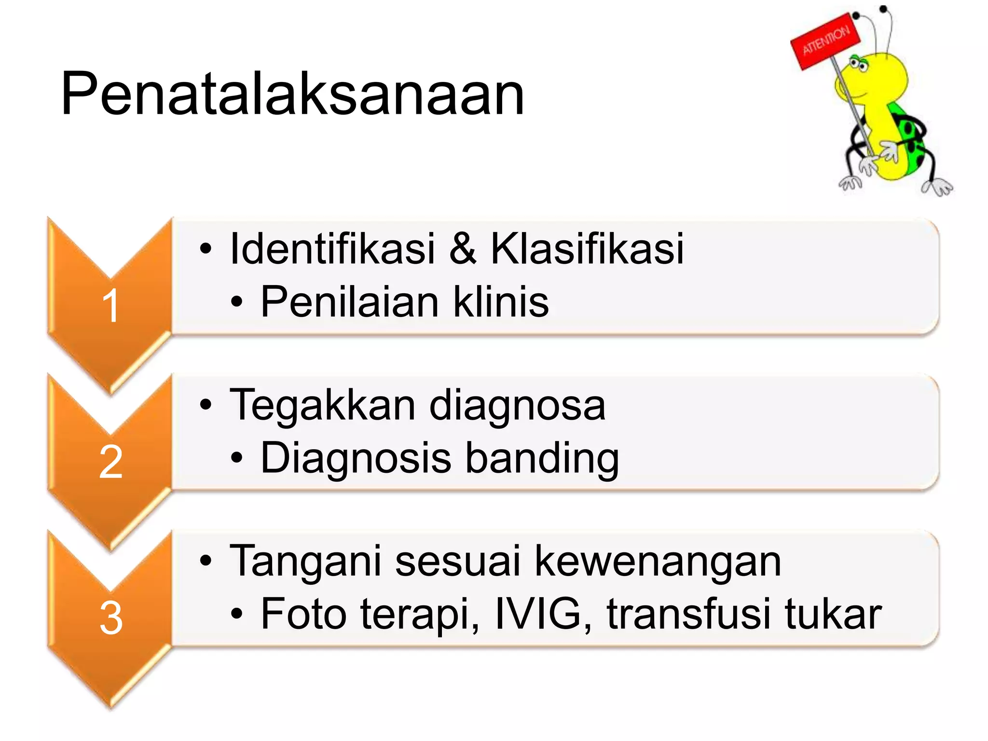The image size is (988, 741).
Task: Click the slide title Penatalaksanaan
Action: point(292,94)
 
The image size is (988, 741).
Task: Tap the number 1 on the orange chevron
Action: point(111,305)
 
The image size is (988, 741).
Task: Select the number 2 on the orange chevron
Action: point(111,462)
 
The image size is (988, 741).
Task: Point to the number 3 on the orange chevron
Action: point(111,618)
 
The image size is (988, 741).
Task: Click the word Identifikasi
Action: point(332,249)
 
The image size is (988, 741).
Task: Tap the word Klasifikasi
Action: point(587,249)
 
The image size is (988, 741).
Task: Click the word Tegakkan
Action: point(322,406)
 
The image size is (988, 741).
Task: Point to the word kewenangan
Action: point(658,562)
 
